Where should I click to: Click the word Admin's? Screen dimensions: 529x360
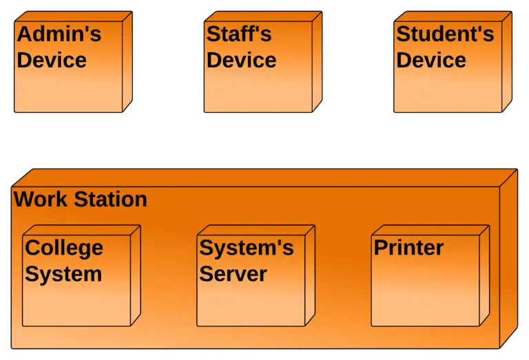pos(59,34)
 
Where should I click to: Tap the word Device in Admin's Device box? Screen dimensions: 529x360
pos(52,60)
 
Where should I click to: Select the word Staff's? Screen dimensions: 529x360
pos(239,34)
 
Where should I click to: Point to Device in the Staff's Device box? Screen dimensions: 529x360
pos(241,60)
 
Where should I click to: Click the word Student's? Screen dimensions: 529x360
pos(445,34)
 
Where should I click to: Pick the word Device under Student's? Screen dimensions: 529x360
pos(431,60)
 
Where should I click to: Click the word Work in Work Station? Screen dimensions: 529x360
pos(41,199)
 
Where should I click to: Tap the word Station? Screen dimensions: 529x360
pos(110,199)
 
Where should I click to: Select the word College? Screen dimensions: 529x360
pos(64,248)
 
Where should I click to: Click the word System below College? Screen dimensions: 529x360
pos(63,274)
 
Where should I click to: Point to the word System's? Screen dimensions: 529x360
pos(247,248)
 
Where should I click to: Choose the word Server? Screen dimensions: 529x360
pos(233,274)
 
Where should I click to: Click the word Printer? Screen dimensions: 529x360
pos(408,248)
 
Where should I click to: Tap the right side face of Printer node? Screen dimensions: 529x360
pos(484,275)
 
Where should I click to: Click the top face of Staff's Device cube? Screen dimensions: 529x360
pos(263,17)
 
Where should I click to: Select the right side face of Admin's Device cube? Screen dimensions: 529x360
pos(127,61)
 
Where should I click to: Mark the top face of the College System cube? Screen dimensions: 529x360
pos(82,230)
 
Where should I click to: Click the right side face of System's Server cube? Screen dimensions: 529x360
pos(310,275)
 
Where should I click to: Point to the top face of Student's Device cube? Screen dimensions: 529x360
pos(453,17)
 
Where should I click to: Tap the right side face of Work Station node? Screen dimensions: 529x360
pos(509,259)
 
